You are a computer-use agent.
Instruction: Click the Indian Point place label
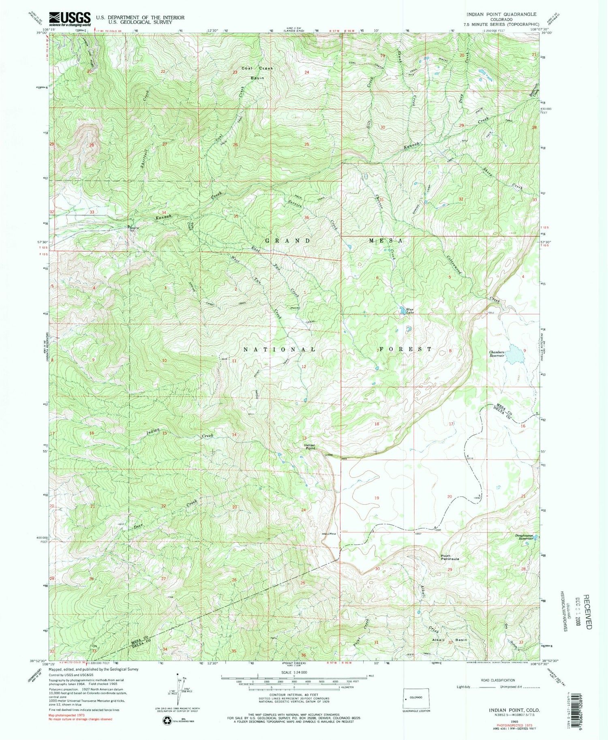(x=310, y=447)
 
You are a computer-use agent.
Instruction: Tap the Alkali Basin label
(x=451, y=639)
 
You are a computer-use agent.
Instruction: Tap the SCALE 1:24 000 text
(x=294, y=672)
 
